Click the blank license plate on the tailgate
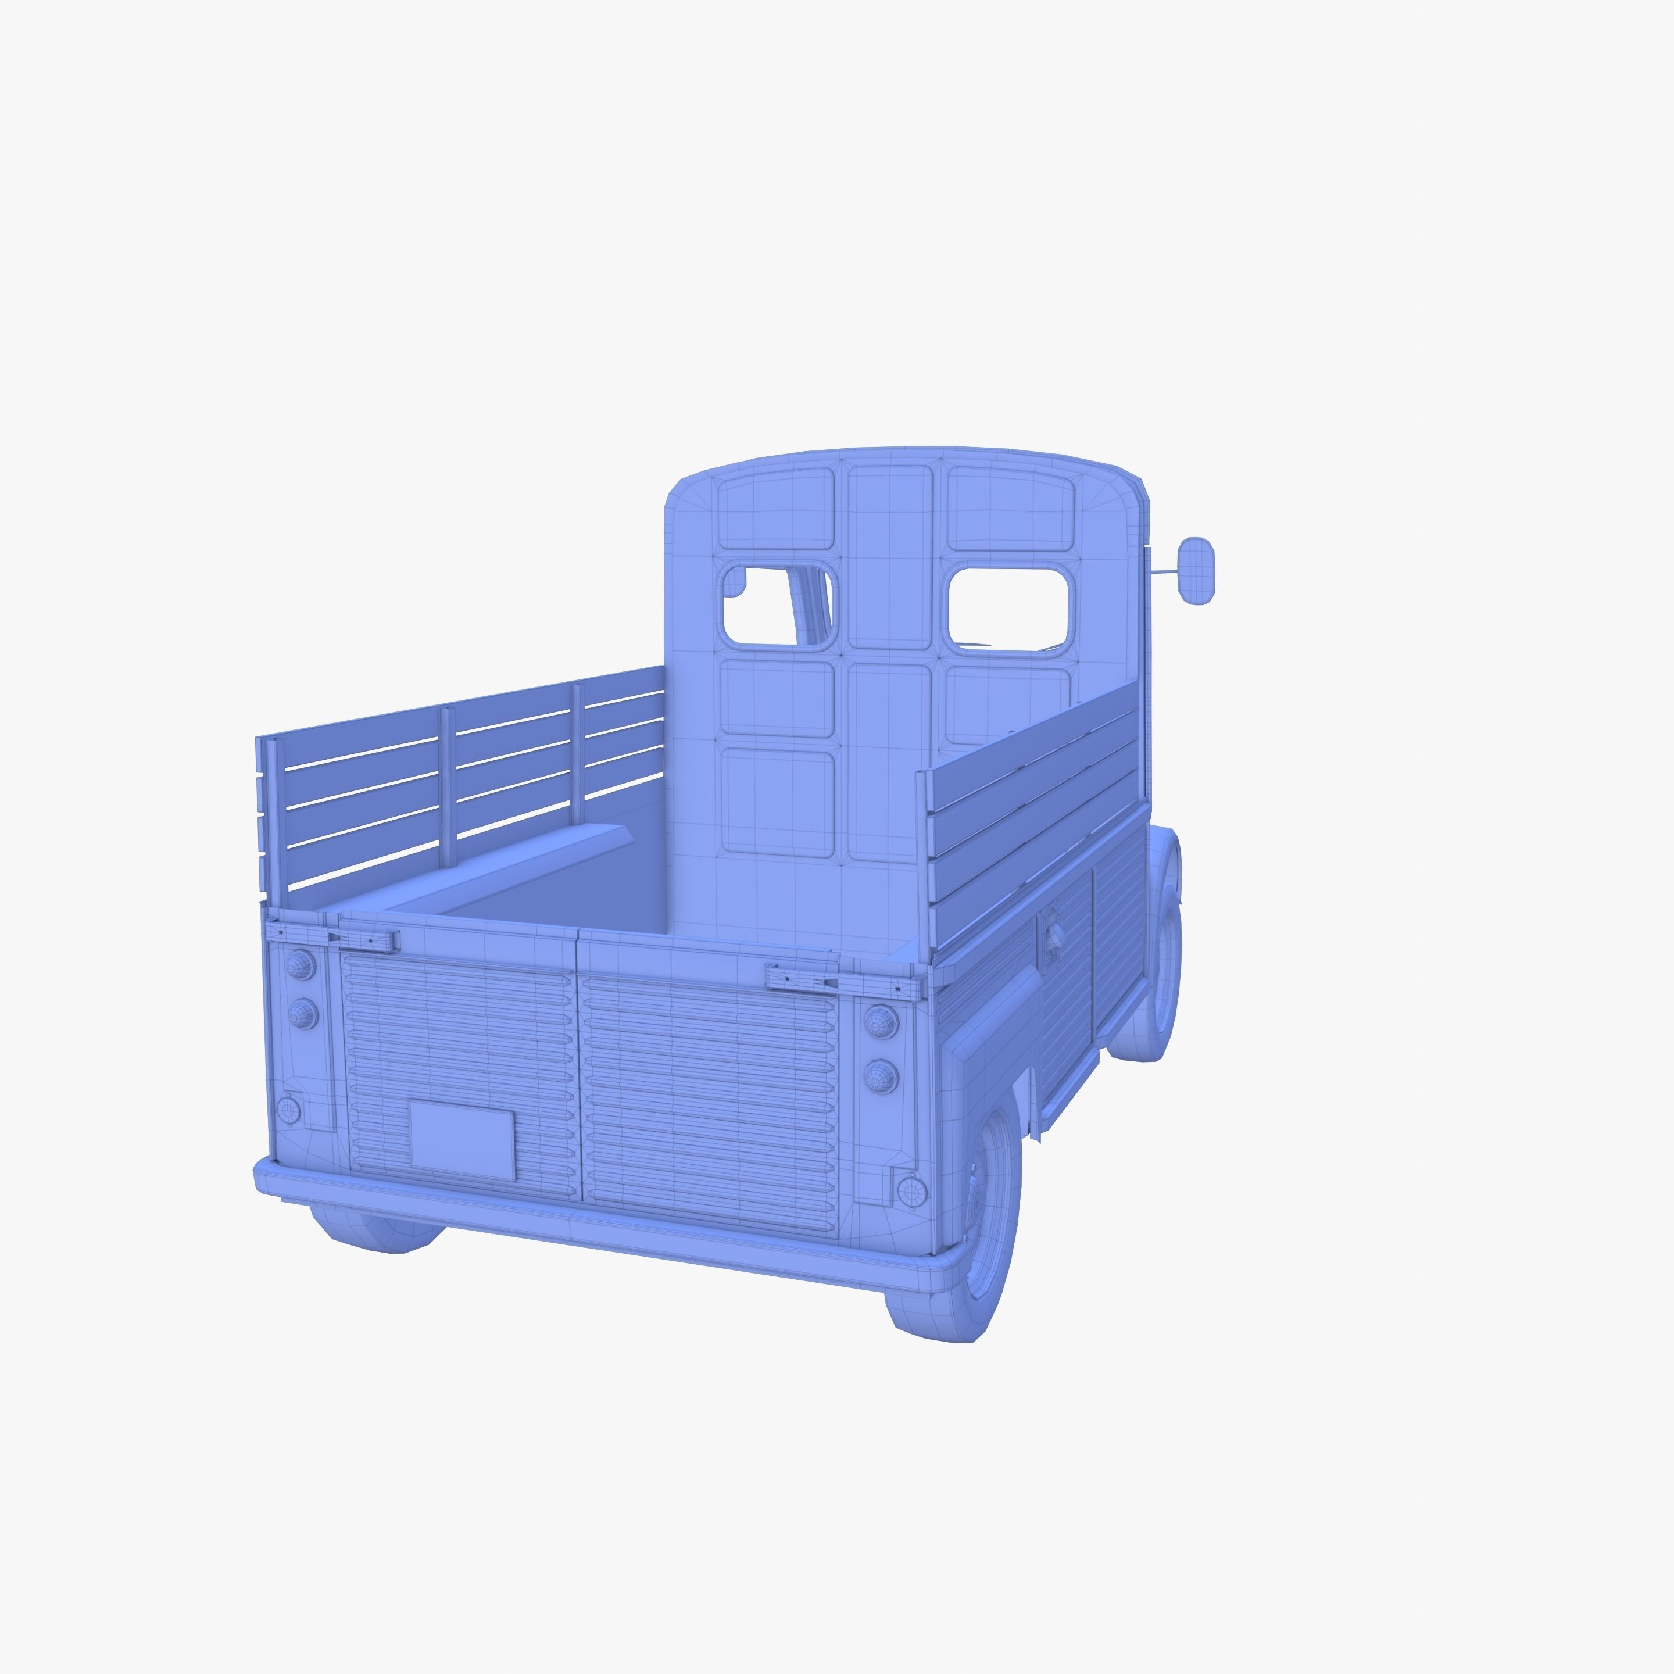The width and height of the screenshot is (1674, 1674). click(462, 1140)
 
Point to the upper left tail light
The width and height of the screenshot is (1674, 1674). click(301, 964)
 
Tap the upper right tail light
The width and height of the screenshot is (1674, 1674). click(881, 1023)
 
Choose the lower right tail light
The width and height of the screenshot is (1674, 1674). click(881, 1076)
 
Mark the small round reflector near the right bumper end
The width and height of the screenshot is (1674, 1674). click(911, 1192)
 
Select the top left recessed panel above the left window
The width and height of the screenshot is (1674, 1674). click(775, 510)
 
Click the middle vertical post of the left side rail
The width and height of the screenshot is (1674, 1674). click(447, 787)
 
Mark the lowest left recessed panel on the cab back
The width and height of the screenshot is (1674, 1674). click(778, 802)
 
